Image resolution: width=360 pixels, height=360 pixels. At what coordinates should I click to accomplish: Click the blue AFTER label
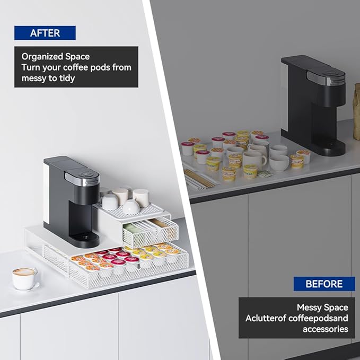point(45,33)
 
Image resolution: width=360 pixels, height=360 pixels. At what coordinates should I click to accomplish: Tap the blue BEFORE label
point(324,284)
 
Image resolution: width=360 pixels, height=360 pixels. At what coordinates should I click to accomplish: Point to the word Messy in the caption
point(309,307)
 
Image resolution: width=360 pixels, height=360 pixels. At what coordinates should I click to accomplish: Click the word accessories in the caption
point(325,329)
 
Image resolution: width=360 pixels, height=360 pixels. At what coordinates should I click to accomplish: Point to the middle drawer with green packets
point(150,230)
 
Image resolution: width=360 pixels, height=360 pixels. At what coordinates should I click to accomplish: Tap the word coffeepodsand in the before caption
point(318,318)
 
